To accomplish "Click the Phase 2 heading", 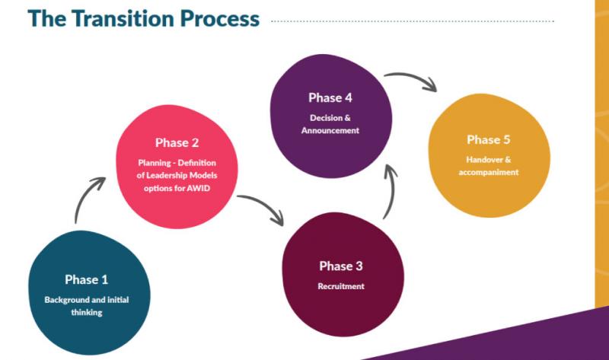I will [177, 142].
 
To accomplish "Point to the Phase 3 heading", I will [341, 266].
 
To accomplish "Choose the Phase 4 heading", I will [330, 97].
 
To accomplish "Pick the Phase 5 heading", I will [489, 139].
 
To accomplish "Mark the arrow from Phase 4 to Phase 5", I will [412, 79].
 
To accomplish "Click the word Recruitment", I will [341, 286].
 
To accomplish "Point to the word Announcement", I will [330, 130].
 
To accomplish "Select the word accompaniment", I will [489, 172].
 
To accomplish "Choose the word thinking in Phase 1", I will [86, 312].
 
